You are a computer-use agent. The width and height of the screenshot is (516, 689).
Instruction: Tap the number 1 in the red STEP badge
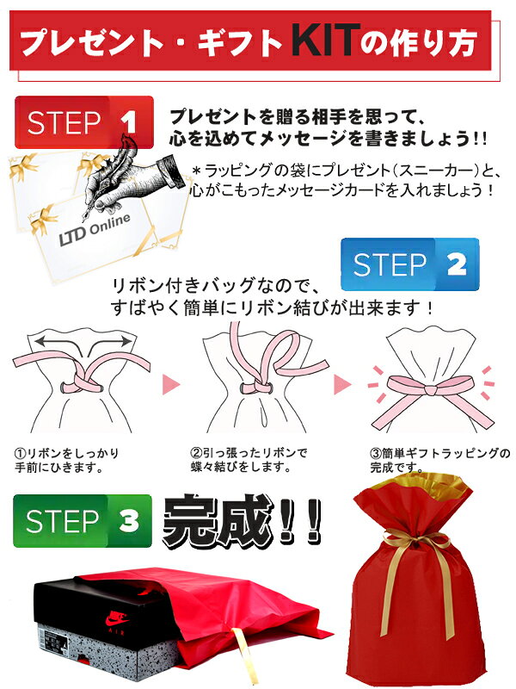[x=128, y=122]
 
